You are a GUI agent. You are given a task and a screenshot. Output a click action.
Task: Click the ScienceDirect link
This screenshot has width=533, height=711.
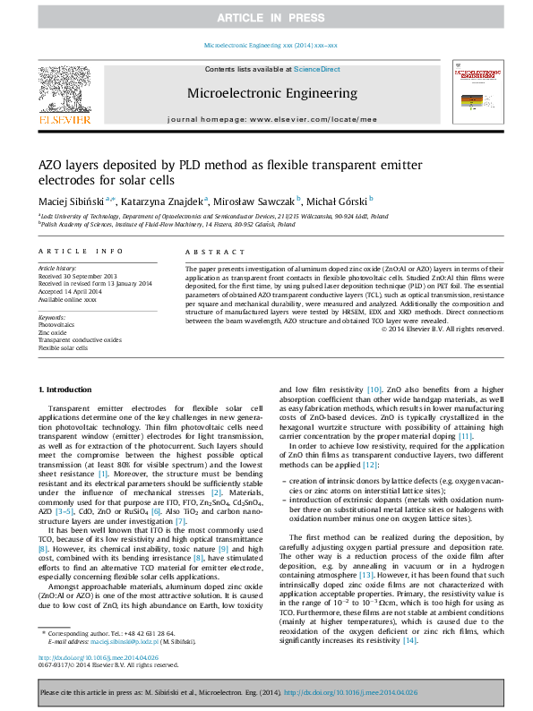pos(317,69)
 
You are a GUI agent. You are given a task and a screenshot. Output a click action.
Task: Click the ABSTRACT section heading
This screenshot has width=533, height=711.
pos(202,253)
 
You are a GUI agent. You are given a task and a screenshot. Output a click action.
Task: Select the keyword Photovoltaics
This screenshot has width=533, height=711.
pos(57,324)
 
